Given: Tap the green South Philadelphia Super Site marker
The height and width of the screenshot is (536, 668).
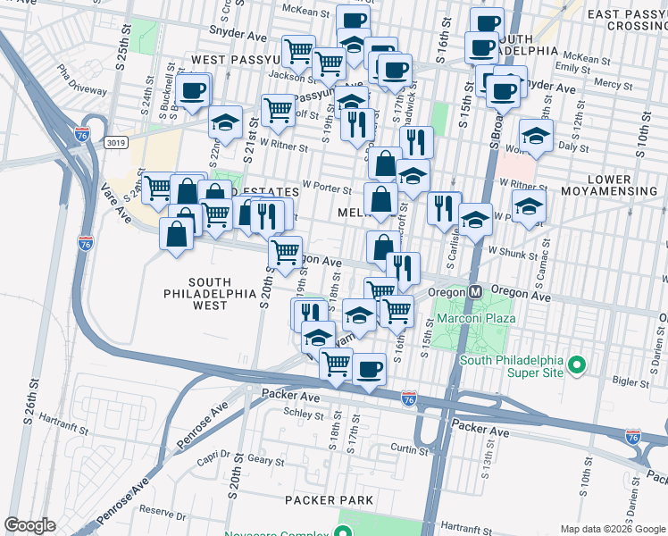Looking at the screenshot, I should [577, 364].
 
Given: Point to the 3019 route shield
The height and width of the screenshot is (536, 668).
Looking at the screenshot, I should [114, 142].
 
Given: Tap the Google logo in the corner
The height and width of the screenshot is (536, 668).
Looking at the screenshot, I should [29, 525].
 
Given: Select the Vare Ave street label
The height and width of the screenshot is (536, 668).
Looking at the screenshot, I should [116, 201].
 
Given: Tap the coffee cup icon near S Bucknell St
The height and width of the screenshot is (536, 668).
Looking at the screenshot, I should [193, 89].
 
